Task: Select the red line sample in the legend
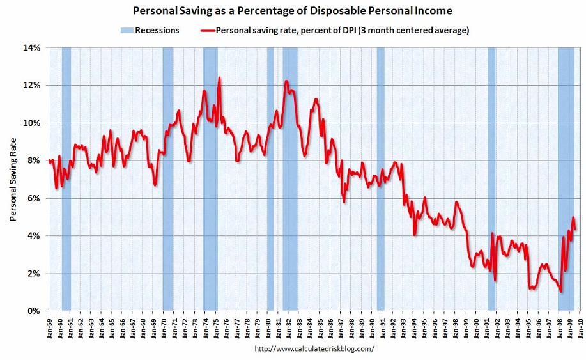[x=206, y=30]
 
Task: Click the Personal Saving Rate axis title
[x=13, y=179]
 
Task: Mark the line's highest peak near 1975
[x=219, y=78]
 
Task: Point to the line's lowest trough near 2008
[x=560, y=292]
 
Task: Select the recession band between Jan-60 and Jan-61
[x=66, y=179]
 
